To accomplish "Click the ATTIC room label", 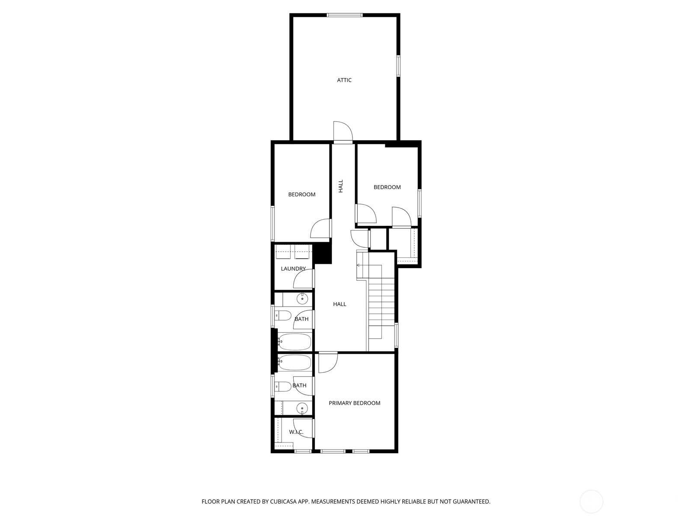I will tap(344, 80).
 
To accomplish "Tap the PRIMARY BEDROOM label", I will tap(354, 403).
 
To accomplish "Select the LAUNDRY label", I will tap(293, 269).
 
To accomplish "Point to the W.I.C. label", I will tap(296, 432).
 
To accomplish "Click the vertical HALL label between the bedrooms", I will tap(341, 186).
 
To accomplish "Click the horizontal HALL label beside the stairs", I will tap(340, 304).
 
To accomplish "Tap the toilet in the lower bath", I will tap(283, 386).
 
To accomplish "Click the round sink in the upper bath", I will tap(302, 298).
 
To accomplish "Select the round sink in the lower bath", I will tap(302, 407).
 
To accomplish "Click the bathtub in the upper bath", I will tap(295, 342).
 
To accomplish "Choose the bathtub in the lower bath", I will tap(295, 362).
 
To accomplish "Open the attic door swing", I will tap(343, 131).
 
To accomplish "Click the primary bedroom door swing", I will tap(327, 362).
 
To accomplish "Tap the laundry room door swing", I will tap(304, 279).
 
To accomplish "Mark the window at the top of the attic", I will tap(344, 15).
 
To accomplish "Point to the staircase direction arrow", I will tap(359, 265).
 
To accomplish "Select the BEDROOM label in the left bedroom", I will tap(301, 195).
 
